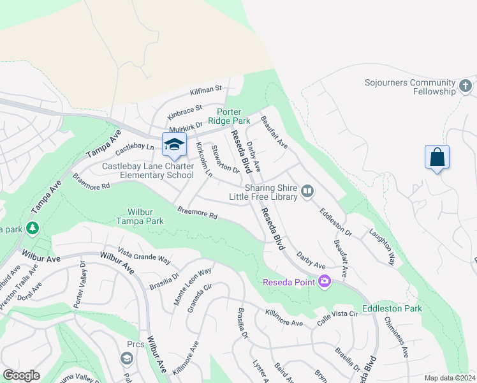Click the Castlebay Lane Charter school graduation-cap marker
pos(174,145)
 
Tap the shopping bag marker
pos(437,158)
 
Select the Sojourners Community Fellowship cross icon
pos(466,85)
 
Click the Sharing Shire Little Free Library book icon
pos(307,191)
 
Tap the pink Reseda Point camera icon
pos(325,282)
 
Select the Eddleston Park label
pos(392,308)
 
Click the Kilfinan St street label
pos(205,89)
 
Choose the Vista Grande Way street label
pos(144,256)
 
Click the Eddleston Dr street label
pos(335,220)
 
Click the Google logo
pos(21,375)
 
